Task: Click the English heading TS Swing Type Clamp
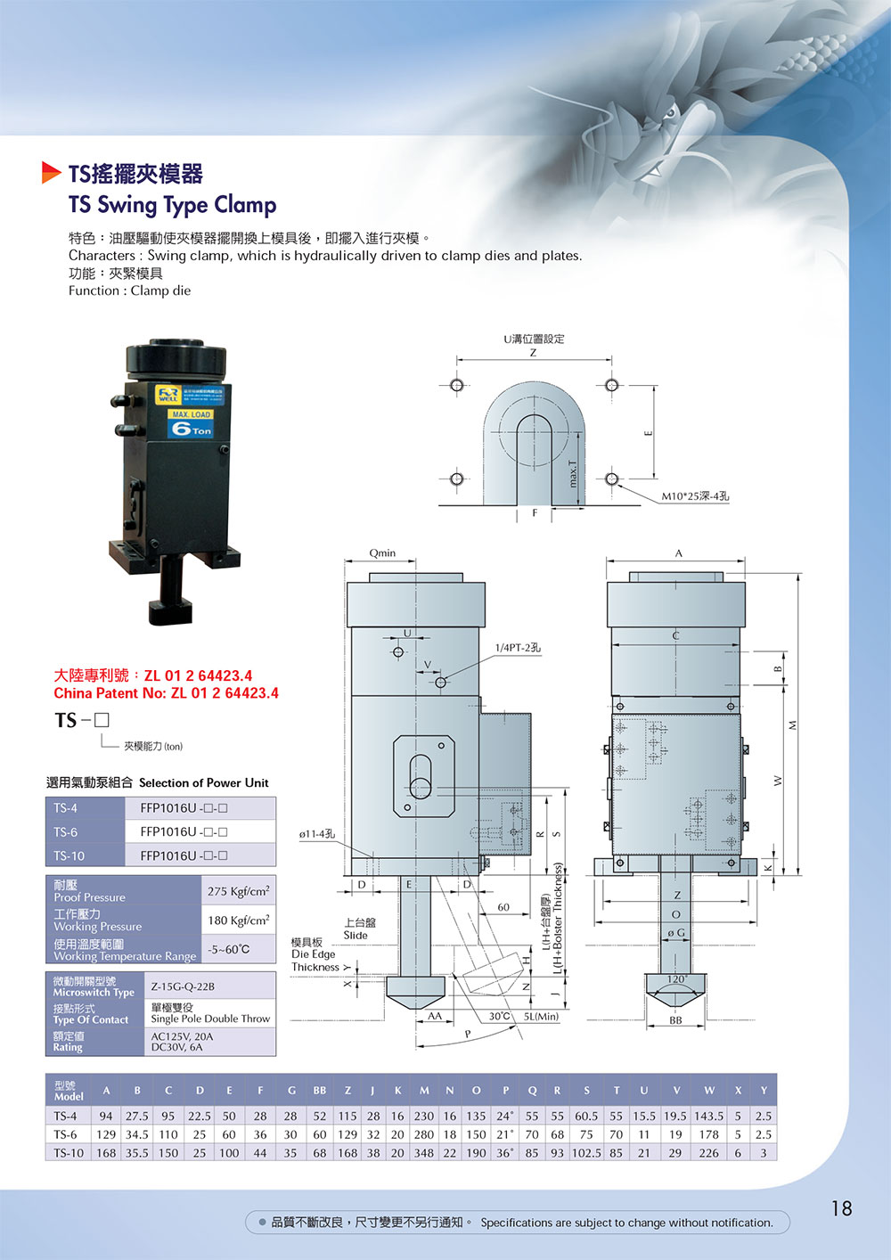(172, 205)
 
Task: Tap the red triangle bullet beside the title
(51, 172)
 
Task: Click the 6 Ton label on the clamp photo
(192, 429)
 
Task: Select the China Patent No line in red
(166, 693)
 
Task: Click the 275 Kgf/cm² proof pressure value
(238, 891)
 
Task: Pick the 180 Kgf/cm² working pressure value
(238, 920)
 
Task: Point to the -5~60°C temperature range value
(229, 950)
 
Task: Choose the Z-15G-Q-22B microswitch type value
(183, 986)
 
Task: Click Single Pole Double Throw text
(210, 1019)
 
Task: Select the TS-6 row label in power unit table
(66, 831)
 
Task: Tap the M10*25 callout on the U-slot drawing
(695, 496)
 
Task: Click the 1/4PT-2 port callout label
(518, 648)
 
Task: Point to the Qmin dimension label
(382, 552)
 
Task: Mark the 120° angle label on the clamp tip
(676, 979)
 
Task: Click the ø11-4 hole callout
(317, 834)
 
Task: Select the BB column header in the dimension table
(319, 1091)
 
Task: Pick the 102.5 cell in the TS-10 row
(586, 1153)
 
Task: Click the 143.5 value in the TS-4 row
(708, 1116)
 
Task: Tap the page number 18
(841, 1208)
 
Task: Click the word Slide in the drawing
(356, 936)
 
